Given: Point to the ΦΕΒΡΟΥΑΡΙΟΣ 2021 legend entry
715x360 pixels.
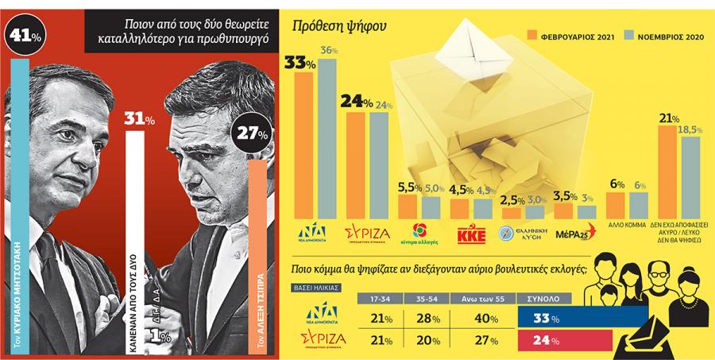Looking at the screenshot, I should (x=569, y=36).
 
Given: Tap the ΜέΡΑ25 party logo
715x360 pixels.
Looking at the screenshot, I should (x=570, y=234).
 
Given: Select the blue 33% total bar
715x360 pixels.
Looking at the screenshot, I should (x=580, y=319).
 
